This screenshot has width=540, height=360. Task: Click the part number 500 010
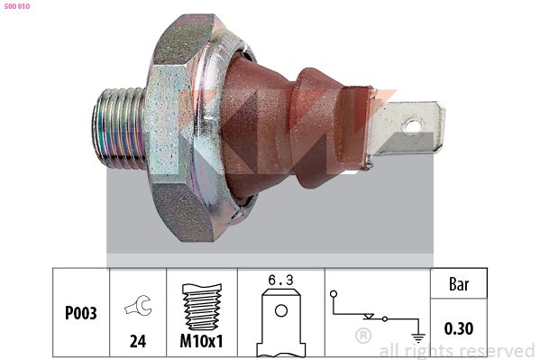[x=17, y=6]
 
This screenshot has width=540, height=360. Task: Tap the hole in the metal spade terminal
[x=412, y=125]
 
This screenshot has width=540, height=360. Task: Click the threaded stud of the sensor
[x=118, y=129]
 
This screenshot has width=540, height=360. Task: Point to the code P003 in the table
[x=81, y=313]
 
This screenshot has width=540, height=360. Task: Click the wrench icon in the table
[x=138, y=306]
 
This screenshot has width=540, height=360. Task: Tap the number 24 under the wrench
[x=138, y=341]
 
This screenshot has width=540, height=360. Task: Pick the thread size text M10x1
[x=201, y=341]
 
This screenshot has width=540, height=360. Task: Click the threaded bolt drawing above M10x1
[x=202, y=307]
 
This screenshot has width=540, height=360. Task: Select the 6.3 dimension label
[x=281, y=280]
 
